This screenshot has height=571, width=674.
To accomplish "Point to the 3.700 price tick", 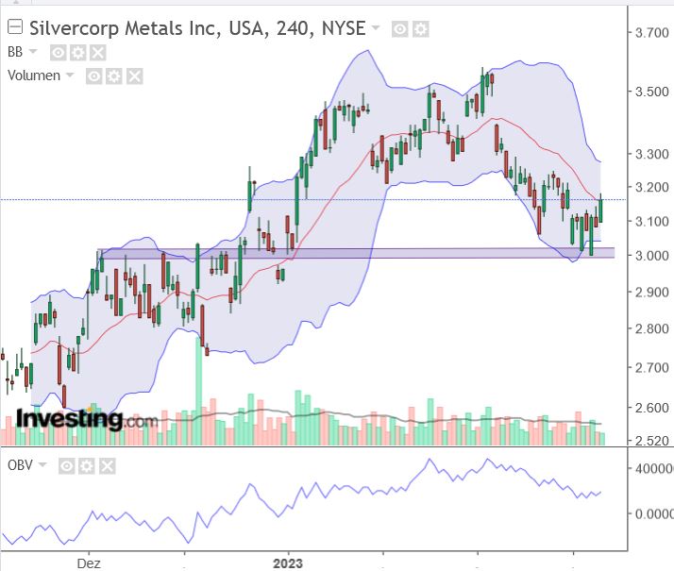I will click(x=652, y=33).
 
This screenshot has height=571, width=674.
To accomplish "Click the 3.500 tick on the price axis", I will click(x=652, y=92).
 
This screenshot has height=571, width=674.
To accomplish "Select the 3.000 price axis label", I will click(x=652, y=256).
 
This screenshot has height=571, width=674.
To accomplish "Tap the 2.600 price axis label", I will click(x=652, y=409).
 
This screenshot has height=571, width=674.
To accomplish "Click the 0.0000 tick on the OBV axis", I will click(x=652, y=514).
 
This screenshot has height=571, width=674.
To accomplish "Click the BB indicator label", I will click(x=15, y=52).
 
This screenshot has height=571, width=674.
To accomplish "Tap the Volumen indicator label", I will click(x=33, y=76).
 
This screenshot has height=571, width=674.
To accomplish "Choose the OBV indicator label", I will click(x=20, y=465).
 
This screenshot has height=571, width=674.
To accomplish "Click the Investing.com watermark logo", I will click(x=85, y=419).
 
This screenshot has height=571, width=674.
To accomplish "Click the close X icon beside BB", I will click(x=98, y=53).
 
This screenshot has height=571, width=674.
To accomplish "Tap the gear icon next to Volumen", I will click(x=113, y=76).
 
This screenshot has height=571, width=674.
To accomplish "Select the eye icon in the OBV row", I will click(x=67, y=465).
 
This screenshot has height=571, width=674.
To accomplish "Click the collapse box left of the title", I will click(x=14, y=28).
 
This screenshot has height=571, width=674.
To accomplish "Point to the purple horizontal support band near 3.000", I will click(x=378, y=253).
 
